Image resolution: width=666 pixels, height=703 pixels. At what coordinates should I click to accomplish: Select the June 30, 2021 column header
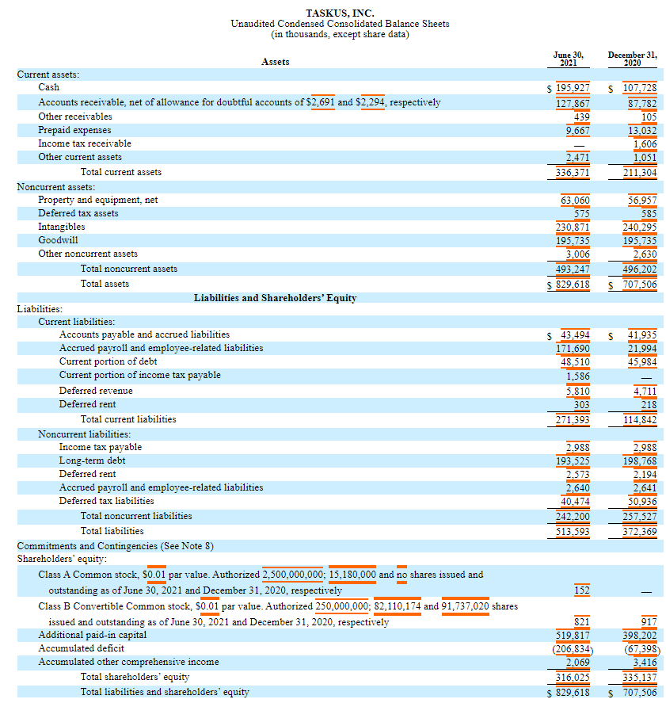(568, 59)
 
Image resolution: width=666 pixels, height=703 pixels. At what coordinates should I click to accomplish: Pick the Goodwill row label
(58, 240)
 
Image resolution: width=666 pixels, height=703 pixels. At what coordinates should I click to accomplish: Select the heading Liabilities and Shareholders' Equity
(275, 298)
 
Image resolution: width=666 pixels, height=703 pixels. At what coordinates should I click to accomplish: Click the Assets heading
(275, 62)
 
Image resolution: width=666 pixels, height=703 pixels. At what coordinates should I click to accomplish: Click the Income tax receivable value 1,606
(645, 143)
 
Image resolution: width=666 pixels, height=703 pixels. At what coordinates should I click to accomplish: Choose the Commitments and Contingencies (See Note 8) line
(115, 546)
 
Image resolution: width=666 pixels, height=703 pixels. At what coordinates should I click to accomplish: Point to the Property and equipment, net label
(97, 200)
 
